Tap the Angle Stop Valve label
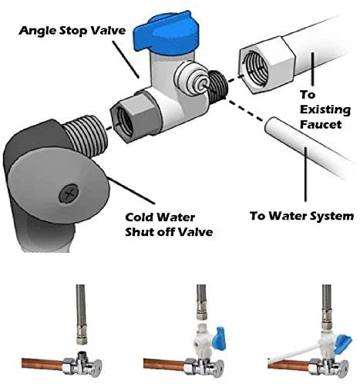click(72, 31)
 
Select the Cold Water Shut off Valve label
click(169, 224)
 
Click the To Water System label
click(302, 216)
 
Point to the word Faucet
click(321, 124)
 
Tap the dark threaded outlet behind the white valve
click(218, 84)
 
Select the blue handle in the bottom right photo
click(343, 342)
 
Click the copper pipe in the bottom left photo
click(42, 364)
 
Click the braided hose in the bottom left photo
click(81, 312)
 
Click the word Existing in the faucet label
click(325, 109)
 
